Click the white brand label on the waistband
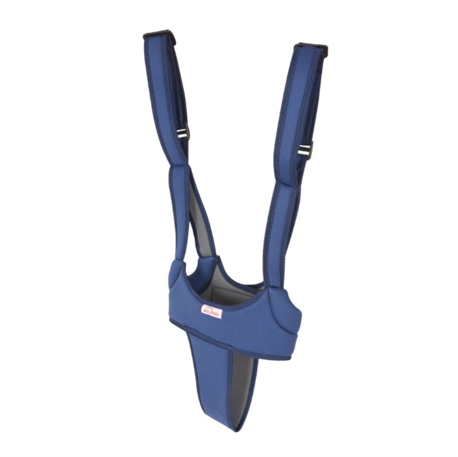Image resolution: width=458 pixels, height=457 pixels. click(211, 311)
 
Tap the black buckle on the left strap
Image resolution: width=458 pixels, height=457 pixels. click(184, 134)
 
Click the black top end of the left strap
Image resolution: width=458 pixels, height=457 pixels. click(159, 35)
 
